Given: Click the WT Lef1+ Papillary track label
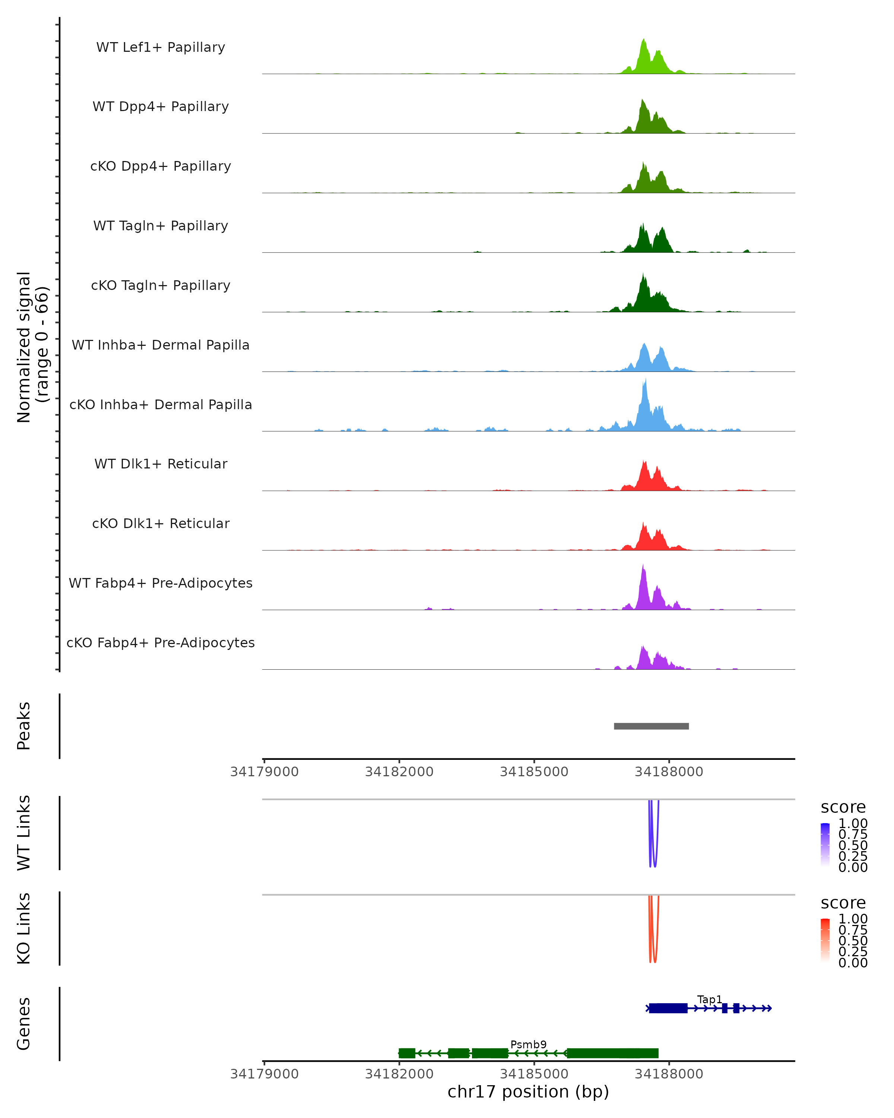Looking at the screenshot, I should [161, 47].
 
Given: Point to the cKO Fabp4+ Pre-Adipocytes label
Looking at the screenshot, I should [161, 642].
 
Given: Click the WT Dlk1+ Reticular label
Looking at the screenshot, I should [161, 464].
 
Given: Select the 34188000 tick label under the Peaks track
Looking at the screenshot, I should [669, 772].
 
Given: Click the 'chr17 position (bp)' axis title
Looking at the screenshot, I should [528, 1092].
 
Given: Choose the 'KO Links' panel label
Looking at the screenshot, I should [24, 928].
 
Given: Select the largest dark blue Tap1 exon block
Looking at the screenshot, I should [668, 1008].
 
